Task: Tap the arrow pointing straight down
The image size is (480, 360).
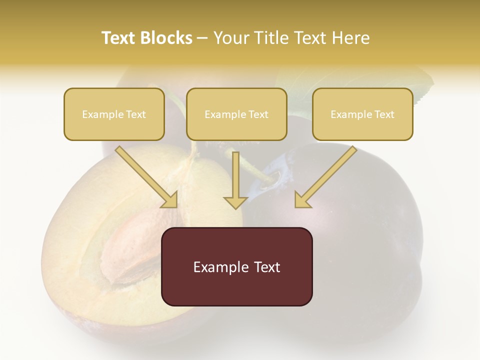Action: pyautogui.click(x=235, y=180)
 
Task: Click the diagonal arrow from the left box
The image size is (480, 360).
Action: pyautogui.click(x=147, y=177)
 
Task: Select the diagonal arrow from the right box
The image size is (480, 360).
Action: pyautogui.click(x=325, y=177)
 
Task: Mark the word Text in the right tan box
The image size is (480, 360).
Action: pyautogui.click(x=384, y=114)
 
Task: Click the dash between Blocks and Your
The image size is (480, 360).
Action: pyautogui.click(x=202, y=38)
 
